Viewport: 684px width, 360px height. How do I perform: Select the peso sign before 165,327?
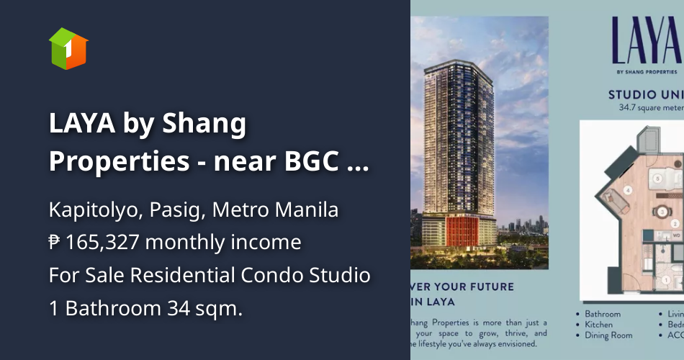(55, 243)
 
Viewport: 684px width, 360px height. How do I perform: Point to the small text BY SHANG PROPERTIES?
(646, 72)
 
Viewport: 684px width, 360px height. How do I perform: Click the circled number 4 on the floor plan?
(628, 190)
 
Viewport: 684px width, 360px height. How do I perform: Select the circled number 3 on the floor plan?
(662, 212)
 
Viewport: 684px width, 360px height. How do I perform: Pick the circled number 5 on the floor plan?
(657, 177)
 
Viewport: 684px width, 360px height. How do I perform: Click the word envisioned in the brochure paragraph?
(518, 343)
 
